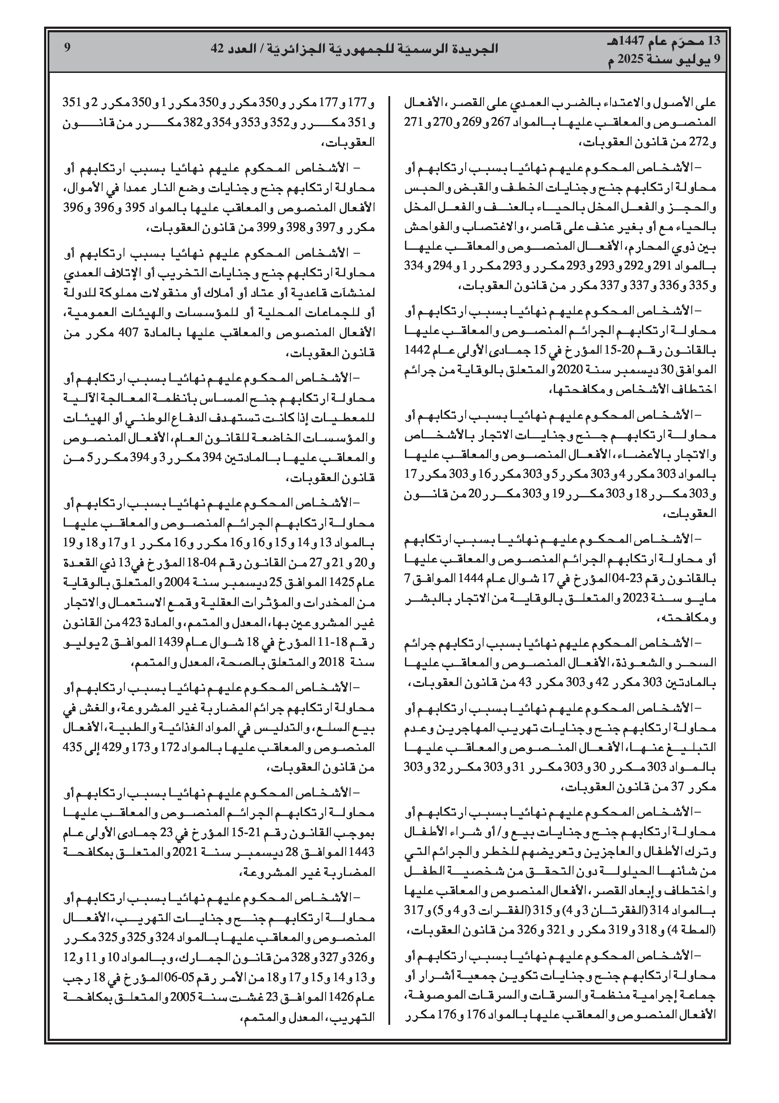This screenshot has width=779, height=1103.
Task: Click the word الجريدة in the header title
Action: coord(478,48)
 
